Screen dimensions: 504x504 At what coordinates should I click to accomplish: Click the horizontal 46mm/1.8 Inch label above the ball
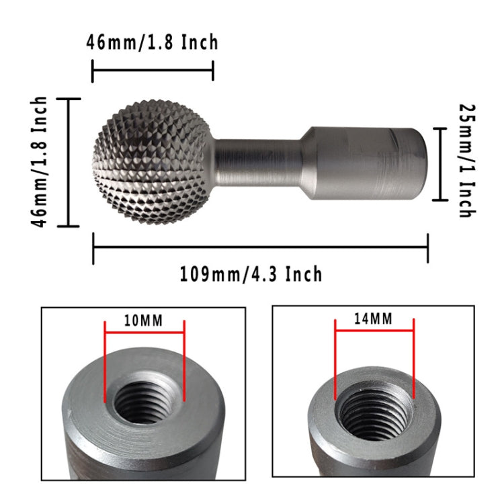coord(152,42)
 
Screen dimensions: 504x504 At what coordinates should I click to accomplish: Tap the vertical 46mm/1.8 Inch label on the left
coord(42,162)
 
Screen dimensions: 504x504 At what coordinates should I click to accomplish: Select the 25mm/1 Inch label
coord(465,160)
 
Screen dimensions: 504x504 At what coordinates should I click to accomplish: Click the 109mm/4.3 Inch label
coord(251,274)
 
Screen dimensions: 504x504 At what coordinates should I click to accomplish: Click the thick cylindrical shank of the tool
coord(356,163)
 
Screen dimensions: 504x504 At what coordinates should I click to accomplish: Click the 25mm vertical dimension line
coord(440,163)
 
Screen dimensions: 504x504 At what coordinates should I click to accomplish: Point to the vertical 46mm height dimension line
coord(69,162)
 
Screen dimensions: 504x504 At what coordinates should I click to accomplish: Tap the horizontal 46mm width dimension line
coord(152,70)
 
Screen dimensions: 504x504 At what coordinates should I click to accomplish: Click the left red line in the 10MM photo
coord(105,363)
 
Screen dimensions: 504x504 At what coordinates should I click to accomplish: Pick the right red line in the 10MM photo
coord(183,363)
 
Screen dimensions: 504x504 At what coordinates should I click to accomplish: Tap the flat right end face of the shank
coord(417,163)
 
